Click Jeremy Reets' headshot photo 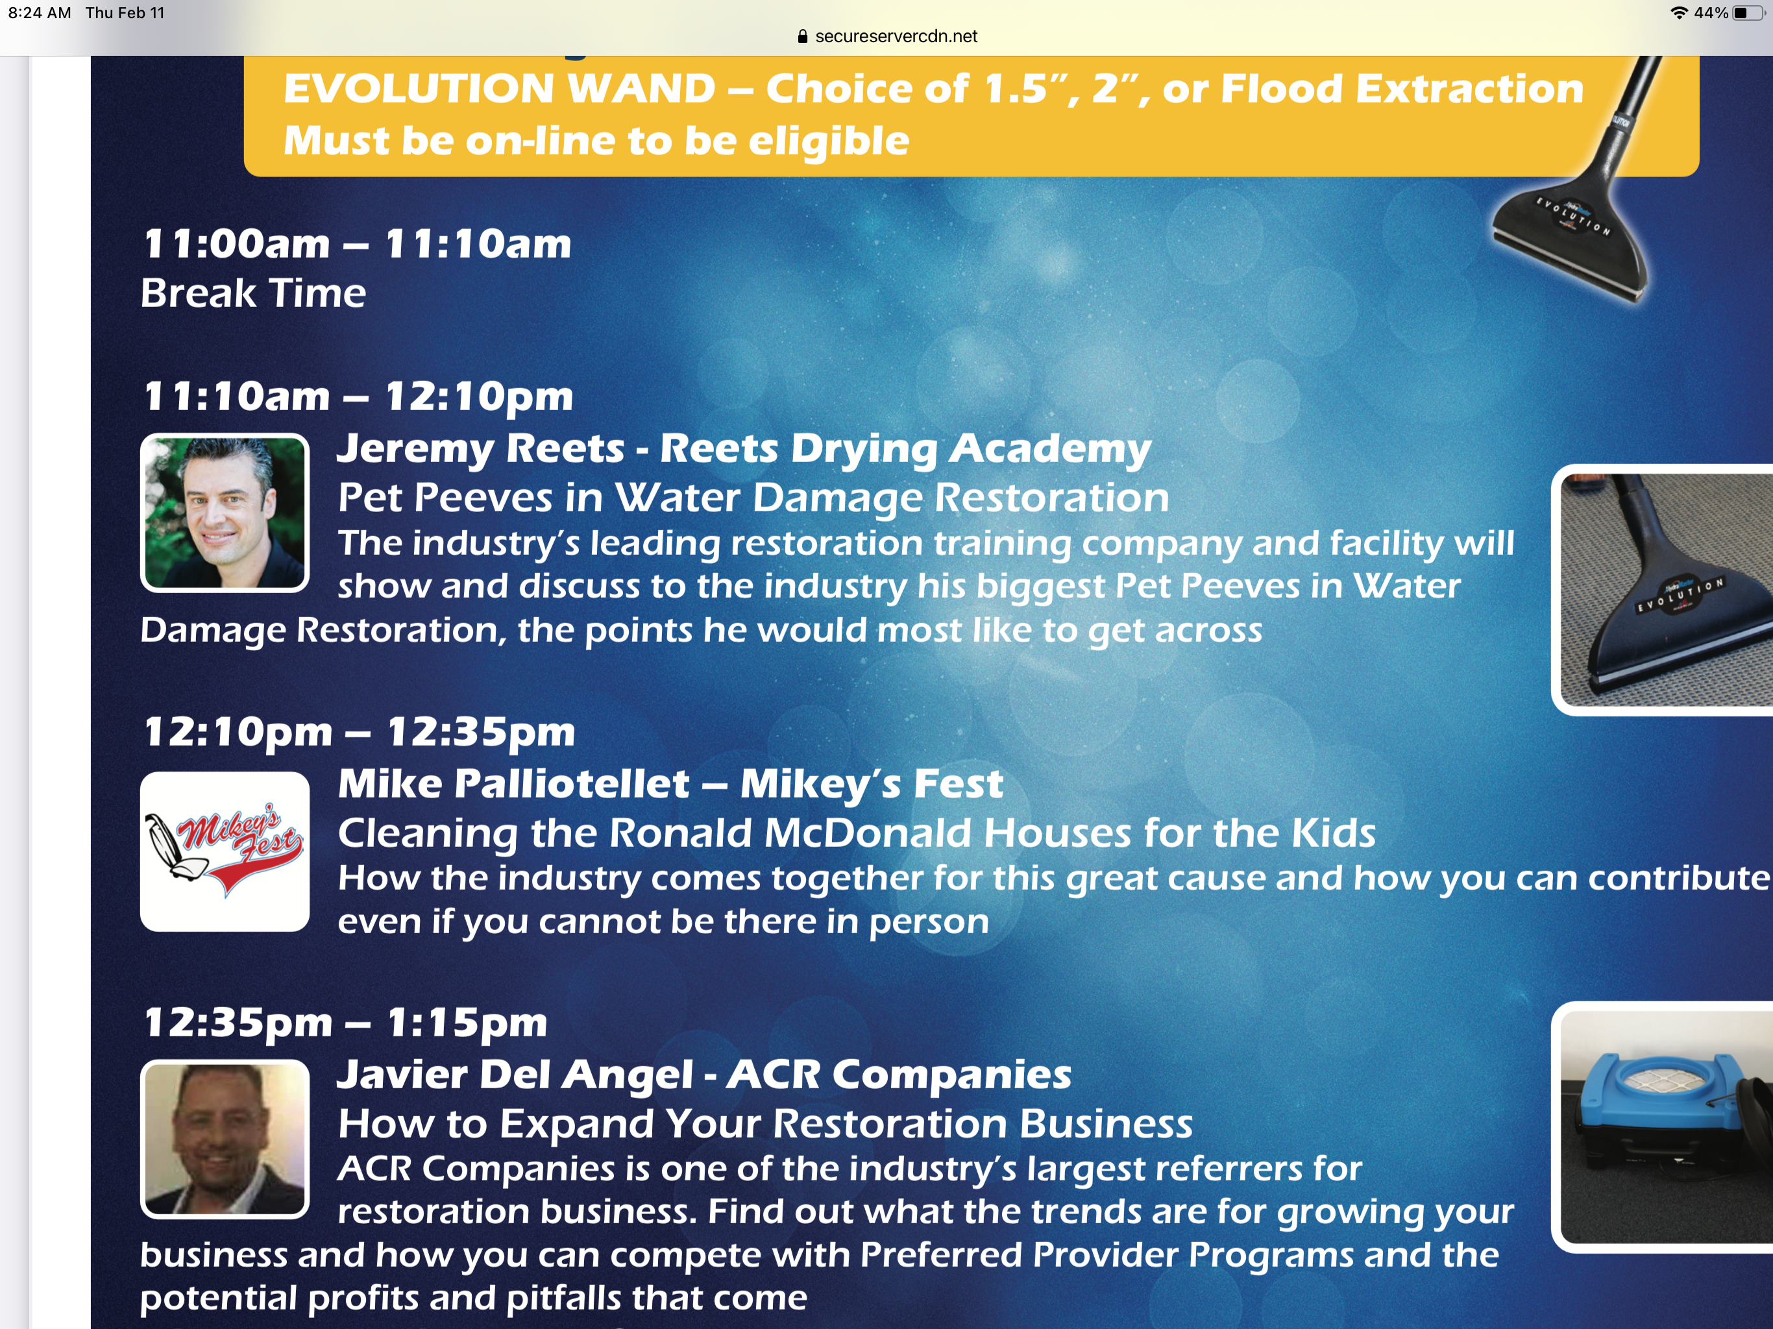(x=225, y=513)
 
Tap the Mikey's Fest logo (x=225, y=851)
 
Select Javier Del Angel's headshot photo (x=225, y=1139)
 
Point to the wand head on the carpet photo (x=1667, y=609)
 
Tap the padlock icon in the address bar (x=802, y=36)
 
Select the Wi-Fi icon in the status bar (x=1678, y=13)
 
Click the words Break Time (x=253, y=293)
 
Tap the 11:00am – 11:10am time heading (x=358, y=244)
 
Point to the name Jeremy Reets (x=480, y=448)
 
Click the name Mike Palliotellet (x=514, y=784)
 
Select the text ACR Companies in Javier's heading (x=899, y=1075)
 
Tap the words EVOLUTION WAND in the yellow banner (x=499, y=88)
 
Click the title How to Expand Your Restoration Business (x=766, y=1124)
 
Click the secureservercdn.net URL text (x=896, y=36)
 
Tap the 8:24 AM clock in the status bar (x=40, y=13)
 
